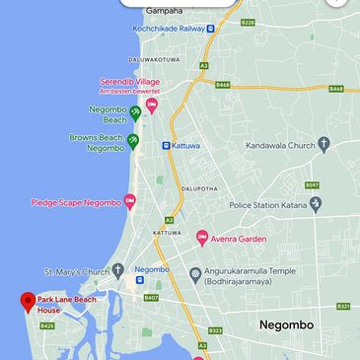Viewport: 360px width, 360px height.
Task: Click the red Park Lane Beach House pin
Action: [x=27, y=300]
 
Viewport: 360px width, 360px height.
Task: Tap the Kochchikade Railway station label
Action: [x=169, y=28]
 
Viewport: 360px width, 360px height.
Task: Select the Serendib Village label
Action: [x=129, y=81]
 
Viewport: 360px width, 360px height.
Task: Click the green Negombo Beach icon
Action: [x=135, y=112]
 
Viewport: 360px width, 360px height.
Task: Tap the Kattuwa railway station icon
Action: [x=166, y=145]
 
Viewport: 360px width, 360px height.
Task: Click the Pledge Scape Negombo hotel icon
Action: [x=129, y=202]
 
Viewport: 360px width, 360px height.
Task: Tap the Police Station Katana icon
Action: [x=316, y=205]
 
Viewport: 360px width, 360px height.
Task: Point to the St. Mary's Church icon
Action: [x=117, y=270]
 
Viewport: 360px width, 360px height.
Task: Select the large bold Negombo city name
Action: [x=286, y=324]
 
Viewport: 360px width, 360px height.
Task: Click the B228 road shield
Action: [x=248, y=22]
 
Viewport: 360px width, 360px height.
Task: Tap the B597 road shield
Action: [x=312, y=184]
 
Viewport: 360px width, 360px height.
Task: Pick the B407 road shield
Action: [x=151, y=297]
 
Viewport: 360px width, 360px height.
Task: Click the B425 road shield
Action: [x=47, y=325]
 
